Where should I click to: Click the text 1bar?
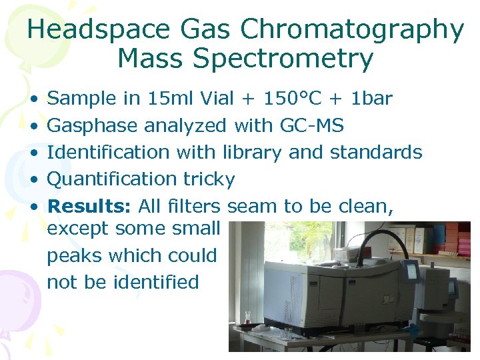point(371,99)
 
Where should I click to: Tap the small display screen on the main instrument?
point(412,271)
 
